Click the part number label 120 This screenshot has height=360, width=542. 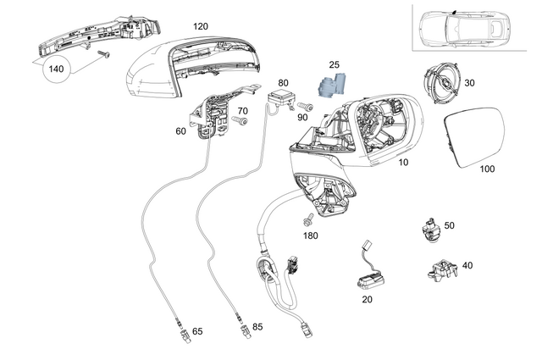[x=200, y=27]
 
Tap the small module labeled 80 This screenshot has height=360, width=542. [x=282, y=96]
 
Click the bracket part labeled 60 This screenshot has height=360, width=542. [x=212, y=114]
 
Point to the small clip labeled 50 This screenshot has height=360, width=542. [x=429, y=229]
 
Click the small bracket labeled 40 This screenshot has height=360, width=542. [x=438, y=270]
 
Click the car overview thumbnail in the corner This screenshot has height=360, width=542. [x=472, y=27]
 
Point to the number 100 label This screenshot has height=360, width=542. [x=486, y=169]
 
